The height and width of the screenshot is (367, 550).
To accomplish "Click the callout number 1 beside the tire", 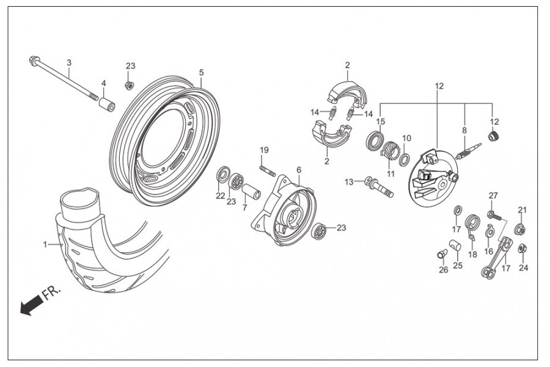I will [x=45, y=245].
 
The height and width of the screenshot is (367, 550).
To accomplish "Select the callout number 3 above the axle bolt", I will [x=69, y=63].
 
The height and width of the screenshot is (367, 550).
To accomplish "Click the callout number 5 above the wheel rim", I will [x=201, y=72].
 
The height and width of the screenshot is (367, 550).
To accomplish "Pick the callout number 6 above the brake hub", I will [x=299, y=169].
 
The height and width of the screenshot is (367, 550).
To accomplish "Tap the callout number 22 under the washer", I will [x=220, y=196].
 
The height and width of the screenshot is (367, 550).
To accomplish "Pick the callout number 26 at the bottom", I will [x=444, y=269].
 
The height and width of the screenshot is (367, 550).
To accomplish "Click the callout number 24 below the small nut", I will [x=524, y=267].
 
